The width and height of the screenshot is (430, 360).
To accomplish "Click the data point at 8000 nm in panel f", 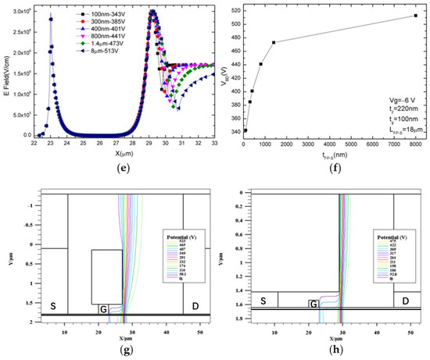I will tap(415, 16).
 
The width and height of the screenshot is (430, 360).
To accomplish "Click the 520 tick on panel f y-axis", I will tap(234, 10).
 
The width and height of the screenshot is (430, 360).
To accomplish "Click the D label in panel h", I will tap(405, 300).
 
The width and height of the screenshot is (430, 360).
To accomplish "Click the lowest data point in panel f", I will tap(245, 130).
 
